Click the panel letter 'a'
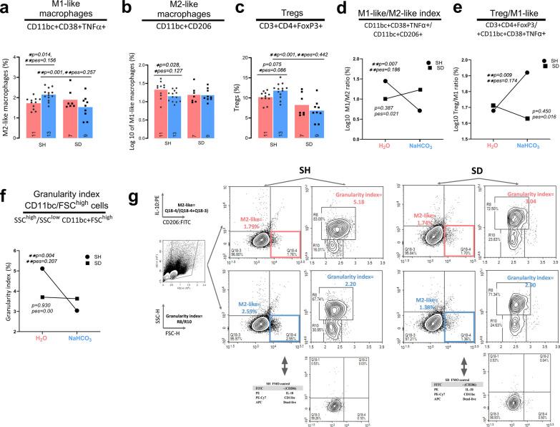coord(5,6)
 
